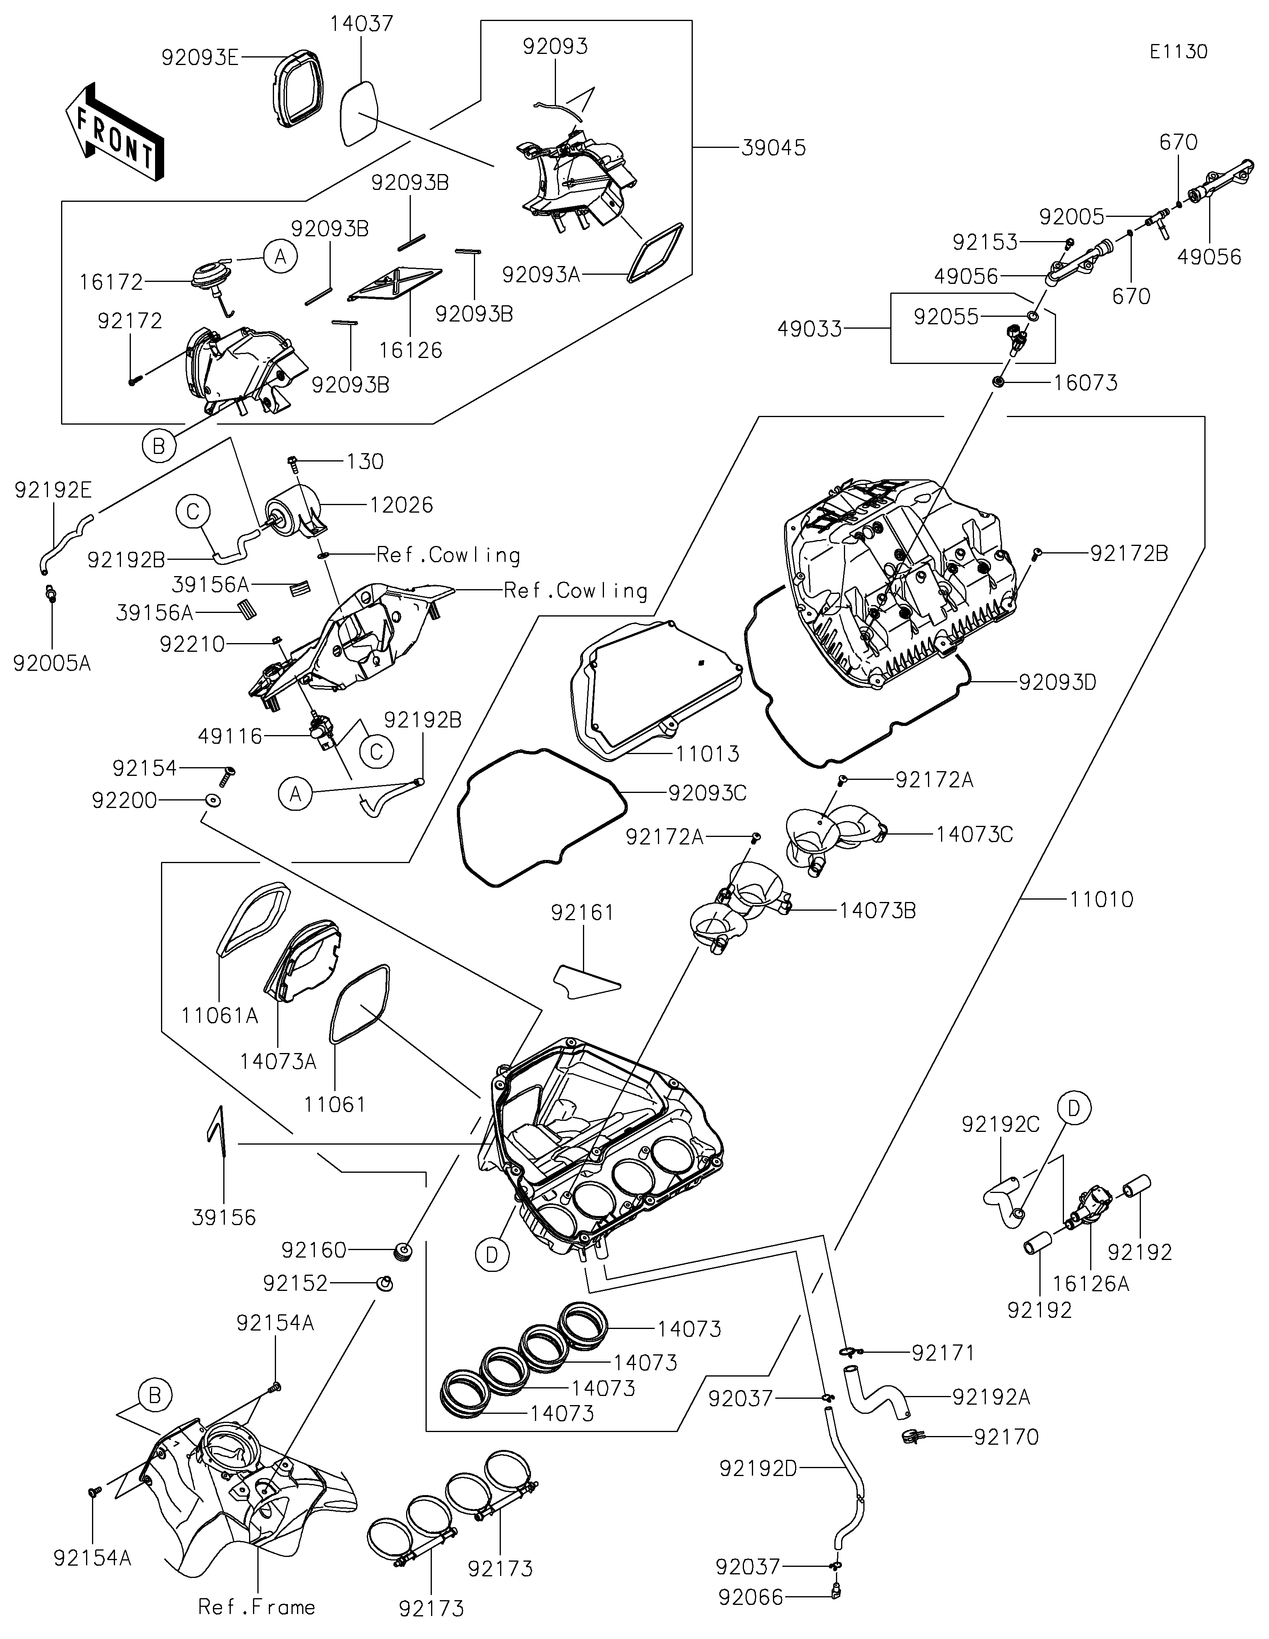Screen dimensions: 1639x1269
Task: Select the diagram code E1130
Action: pyautogui.click(x=1178, y=52)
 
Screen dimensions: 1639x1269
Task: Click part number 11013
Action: pyautogui.click(x=708, y=753)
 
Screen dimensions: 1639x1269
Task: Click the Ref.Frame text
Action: pyautogui.click(x=257, y=1607)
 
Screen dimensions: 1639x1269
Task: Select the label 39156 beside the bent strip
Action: pyautogui.click(x=224, y=1217)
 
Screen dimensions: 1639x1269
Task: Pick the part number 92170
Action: pyautogui.click(x=1006, y=1437)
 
